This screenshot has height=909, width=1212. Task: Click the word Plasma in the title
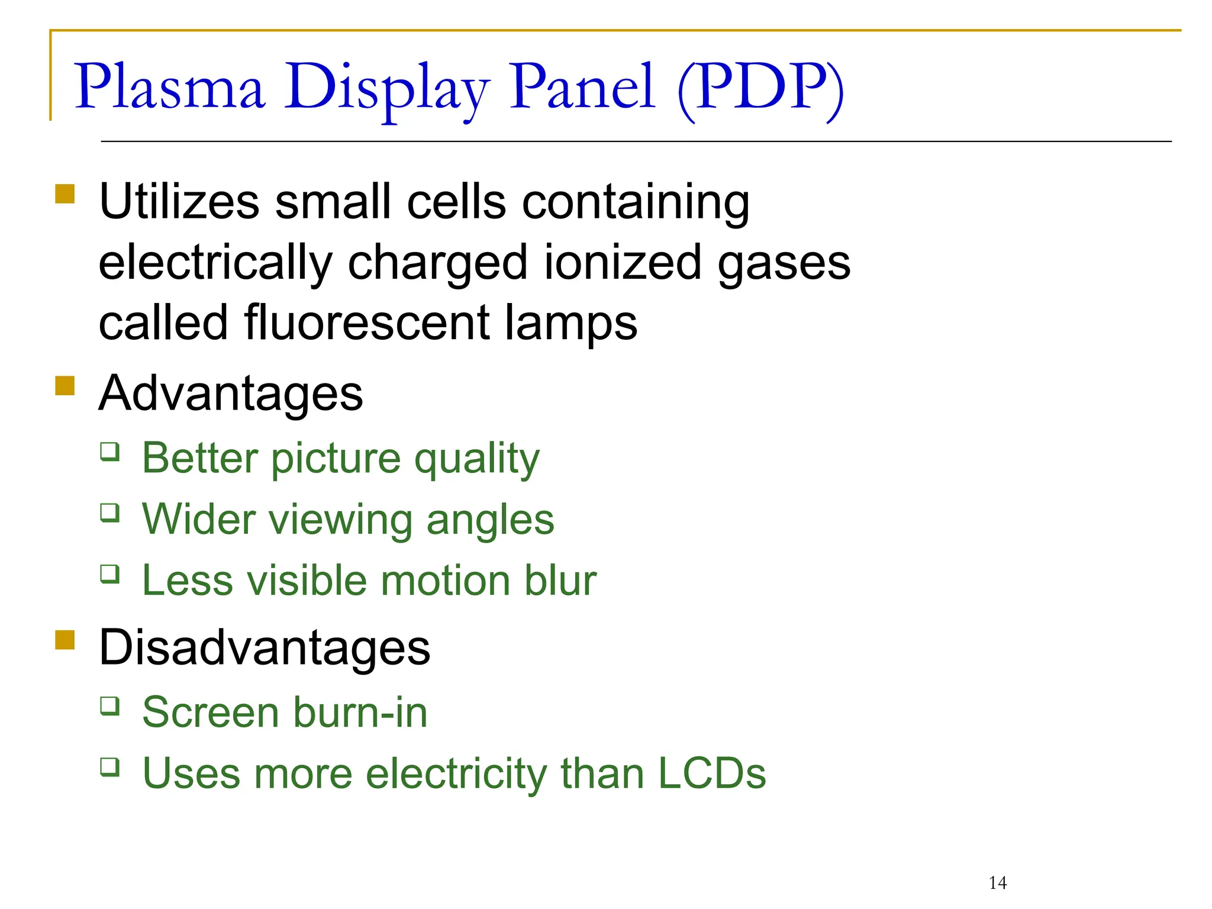tap(169, 87)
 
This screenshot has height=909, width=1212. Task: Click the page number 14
tap(998, 883)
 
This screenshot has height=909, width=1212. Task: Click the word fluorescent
tap(367, 323)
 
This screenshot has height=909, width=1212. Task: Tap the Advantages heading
tap(231, 394)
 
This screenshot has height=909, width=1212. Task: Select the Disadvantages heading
tap(265, 647)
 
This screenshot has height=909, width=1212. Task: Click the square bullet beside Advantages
tap(65, 386)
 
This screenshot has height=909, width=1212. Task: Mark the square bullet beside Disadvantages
tap(65, 640)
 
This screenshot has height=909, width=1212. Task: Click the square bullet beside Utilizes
tap(65, 194)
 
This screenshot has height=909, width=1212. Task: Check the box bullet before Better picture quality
tap(110, 452)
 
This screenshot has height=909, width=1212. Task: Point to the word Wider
tap(199, 519)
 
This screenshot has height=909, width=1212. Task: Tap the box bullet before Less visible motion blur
tap(110, 574)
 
